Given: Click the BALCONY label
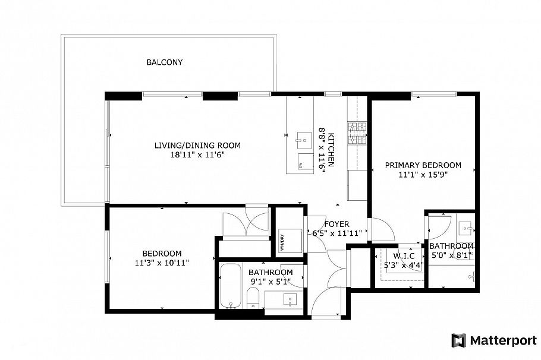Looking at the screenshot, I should click(x=165, y=62).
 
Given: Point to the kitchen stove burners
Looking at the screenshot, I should click(x=358, y=135).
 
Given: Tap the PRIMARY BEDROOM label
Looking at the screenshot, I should click(x=423, y=165).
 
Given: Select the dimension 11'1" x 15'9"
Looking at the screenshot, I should click(x=423, y=175).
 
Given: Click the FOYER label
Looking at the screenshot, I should click(x=336, y=224).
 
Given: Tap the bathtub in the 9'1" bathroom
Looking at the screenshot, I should click(x=229, y=286).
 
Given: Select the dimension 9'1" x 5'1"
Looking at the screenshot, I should click(x=270, y=282).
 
